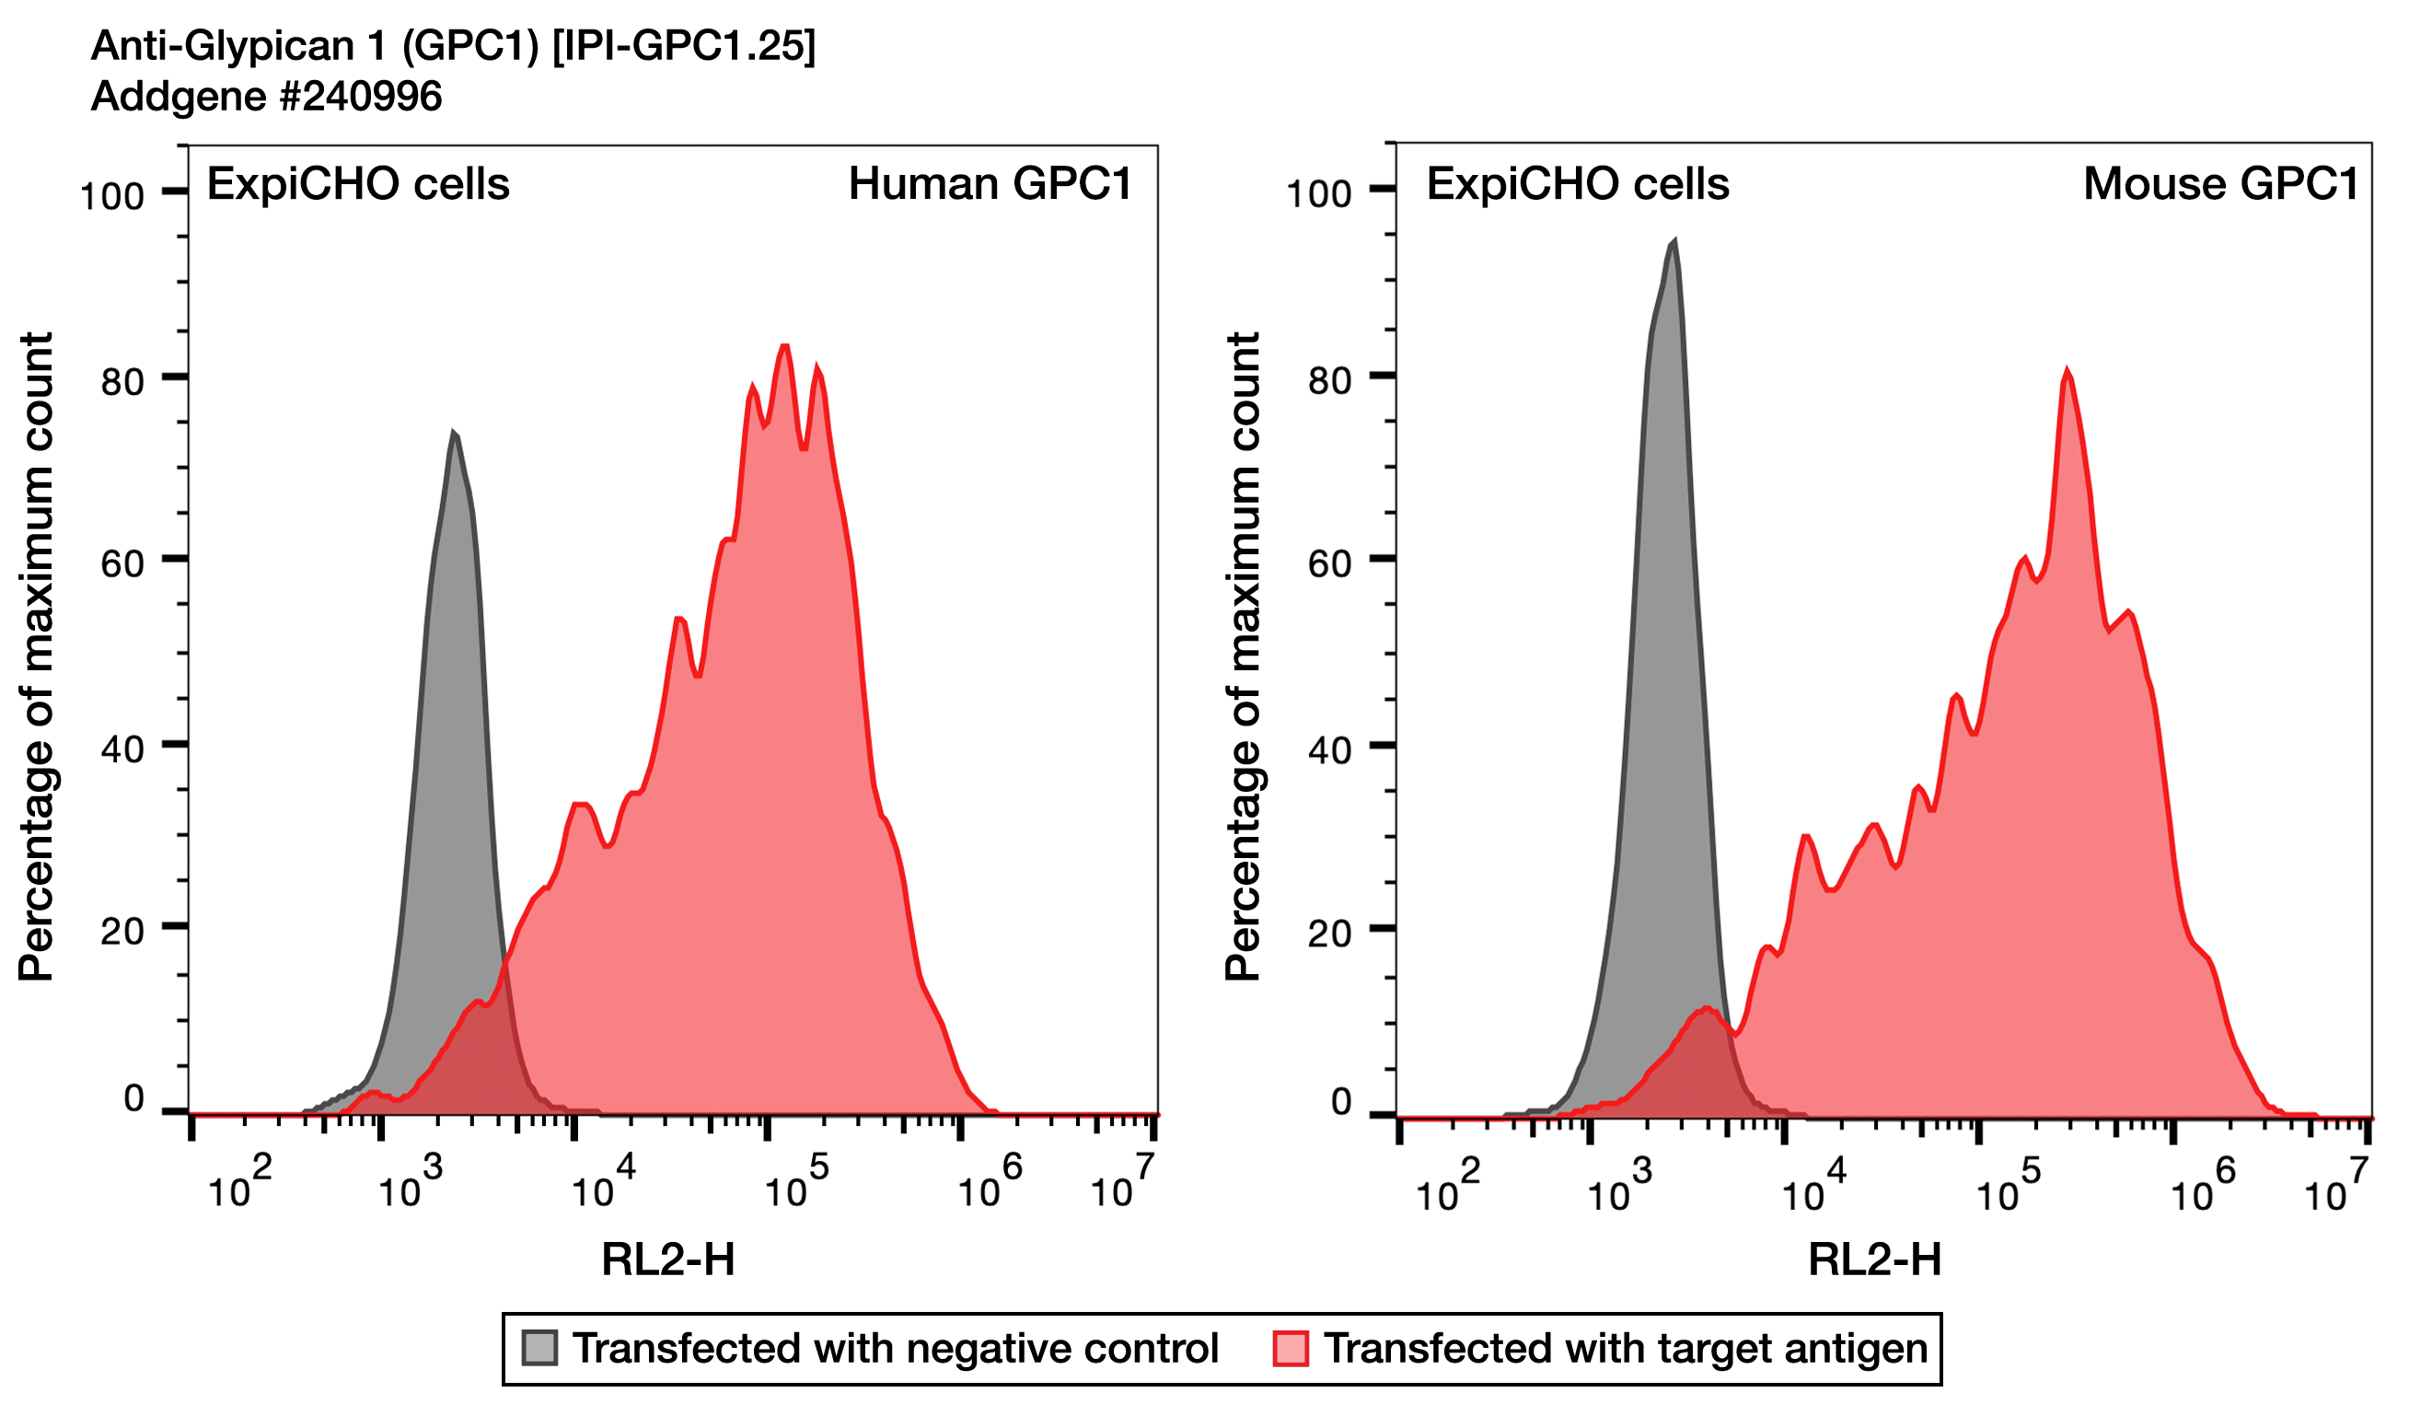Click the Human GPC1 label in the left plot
pos(990,184)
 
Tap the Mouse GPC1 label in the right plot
pos(2219,184)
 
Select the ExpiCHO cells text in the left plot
pos(357,184)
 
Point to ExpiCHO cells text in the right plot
pos(1578,184)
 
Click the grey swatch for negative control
pos(539,1348)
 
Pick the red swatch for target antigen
pos(1291,1348)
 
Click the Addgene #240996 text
pos(266,97)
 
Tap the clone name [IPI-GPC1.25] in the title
pos(685,46)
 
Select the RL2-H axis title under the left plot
pos(667,1260)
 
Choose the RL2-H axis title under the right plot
pos(1873,1260)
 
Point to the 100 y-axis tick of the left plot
pos(112,197)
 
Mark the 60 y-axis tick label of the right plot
pos(1329,564)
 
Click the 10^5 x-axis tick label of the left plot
pos(795,1186)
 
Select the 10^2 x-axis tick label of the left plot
pos(239,1186)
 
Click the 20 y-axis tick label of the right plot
pos(1329,934)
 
